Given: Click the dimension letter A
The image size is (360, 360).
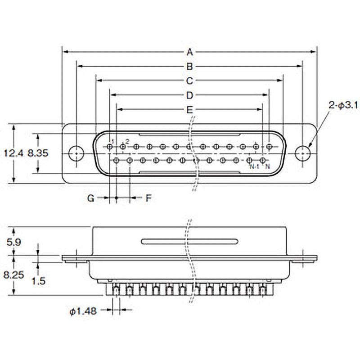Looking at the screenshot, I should coord(189,52).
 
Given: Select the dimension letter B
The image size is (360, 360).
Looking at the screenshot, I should coord(189,67).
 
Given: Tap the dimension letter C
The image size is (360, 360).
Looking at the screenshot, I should coord(189,81).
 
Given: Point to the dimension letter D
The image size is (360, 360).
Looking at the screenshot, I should coord(189,95).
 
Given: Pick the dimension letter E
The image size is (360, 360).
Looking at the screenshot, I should coord(189,110).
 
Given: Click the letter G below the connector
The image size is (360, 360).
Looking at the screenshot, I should coord(90,198).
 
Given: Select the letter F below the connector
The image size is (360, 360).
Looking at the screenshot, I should coord(148,198).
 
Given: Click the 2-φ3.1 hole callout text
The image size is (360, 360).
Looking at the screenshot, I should coord(343,106).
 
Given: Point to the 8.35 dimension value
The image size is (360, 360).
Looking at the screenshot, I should coord(38,153).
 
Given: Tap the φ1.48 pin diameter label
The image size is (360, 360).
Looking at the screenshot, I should coord(84,310).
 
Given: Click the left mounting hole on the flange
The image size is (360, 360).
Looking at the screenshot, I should coord(76,153).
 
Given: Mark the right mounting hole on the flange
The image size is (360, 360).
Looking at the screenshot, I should coord(303,153).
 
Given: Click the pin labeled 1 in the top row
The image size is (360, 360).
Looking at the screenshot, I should coord(110,147).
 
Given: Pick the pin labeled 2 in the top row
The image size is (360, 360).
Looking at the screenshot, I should coord(123,147).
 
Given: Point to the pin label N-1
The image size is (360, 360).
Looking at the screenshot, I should coord(254,167).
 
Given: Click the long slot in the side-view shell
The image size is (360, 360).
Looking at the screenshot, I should coord(189,241).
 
